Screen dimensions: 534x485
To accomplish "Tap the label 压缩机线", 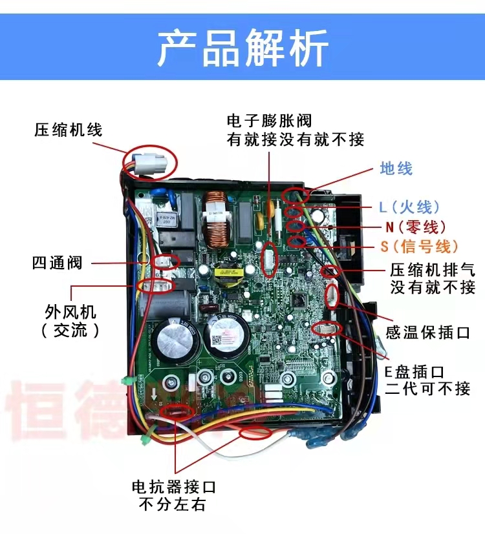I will click(69, 130).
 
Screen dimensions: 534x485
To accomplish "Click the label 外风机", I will click(70, 313).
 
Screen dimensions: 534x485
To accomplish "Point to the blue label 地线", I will click(396, 169).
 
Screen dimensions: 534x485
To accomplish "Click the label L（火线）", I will click(409, 207).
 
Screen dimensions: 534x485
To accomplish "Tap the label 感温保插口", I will click(427, 333).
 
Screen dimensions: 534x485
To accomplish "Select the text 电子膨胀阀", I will click(269, 121).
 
